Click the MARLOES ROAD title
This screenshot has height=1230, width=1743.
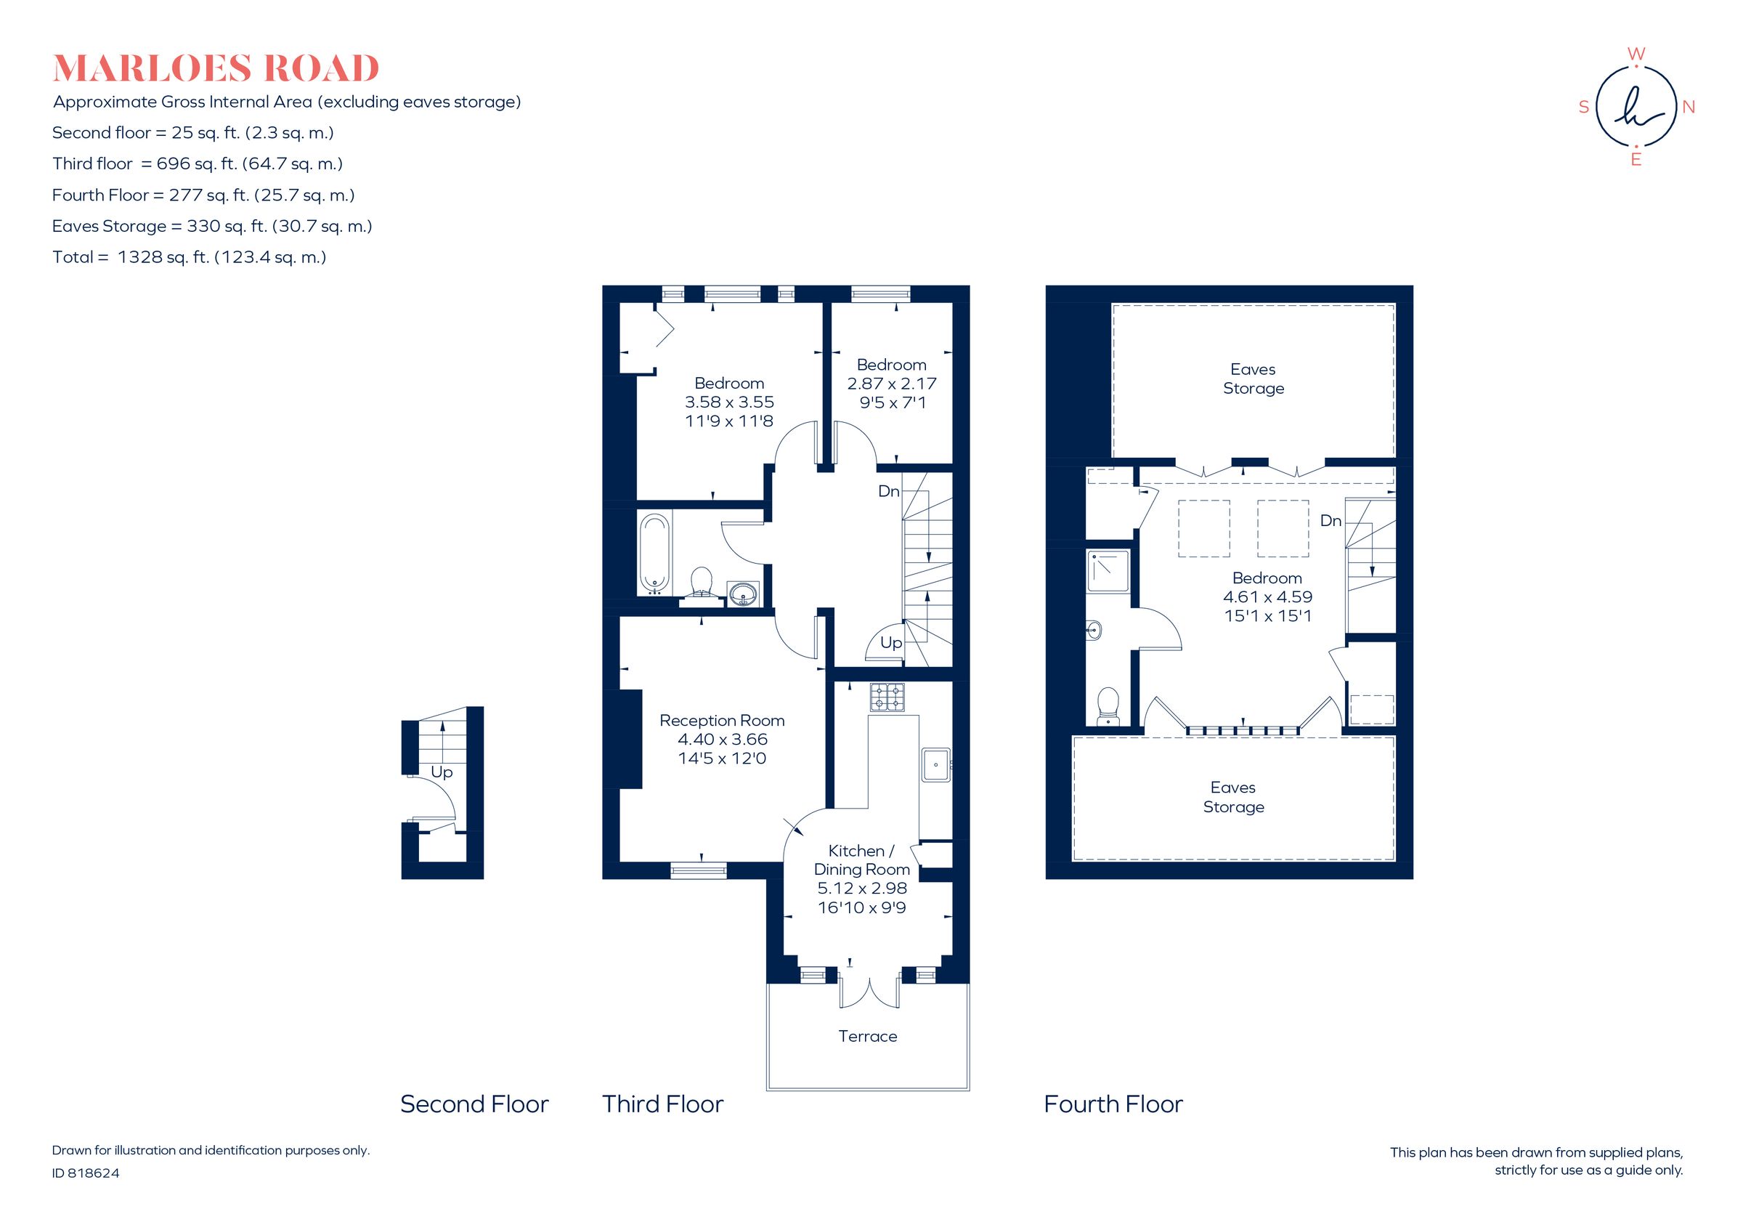click(x=216, y=69)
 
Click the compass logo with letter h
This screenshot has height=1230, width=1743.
click(x=1636, y=106)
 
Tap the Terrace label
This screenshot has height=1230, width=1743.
click(x=867, y=1037)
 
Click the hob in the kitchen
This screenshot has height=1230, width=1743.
click(x=887, y=697)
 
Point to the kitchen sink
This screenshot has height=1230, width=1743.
click(x=935, y=764)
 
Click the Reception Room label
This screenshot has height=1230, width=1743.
click(x=721, y=720)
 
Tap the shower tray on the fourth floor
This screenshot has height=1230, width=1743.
click(x=1108, y=571)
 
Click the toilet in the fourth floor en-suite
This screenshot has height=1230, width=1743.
click(x=1108, y=706)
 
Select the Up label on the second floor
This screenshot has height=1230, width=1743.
click(x=441, y=772)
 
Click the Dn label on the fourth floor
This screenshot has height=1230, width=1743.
click(x=1330, y=521)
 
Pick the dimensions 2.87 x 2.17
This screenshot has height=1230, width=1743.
click(x=891, y=384)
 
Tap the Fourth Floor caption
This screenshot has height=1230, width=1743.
click(x=1113, y=1104)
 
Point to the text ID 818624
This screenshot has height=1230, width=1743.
click(x=86, y=1173)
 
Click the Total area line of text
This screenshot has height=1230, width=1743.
click(x=189, y=257)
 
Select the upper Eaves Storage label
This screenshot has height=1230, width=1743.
click(x=1253, y=379)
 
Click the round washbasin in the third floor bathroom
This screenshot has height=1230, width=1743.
click(x=742, y=594)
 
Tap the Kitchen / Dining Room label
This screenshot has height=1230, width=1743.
click(x=861, y=860)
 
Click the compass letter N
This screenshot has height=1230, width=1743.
click(x=1689, y=107)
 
